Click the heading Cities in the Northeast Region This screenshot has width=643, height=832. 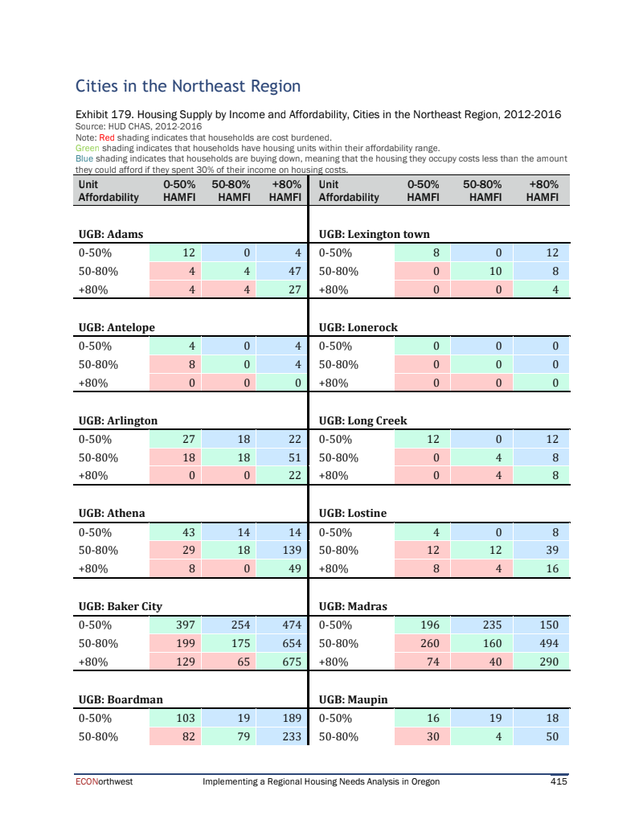pos(187,86)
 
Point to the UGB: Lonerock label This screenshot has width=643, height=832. pos(358,327)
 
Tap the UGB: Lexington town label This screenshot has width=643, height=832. pos(374,234)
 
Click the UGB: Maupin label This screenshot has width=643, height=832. pos(353,699)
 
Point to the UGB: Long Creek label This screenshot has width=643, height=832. pos(362,420)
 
